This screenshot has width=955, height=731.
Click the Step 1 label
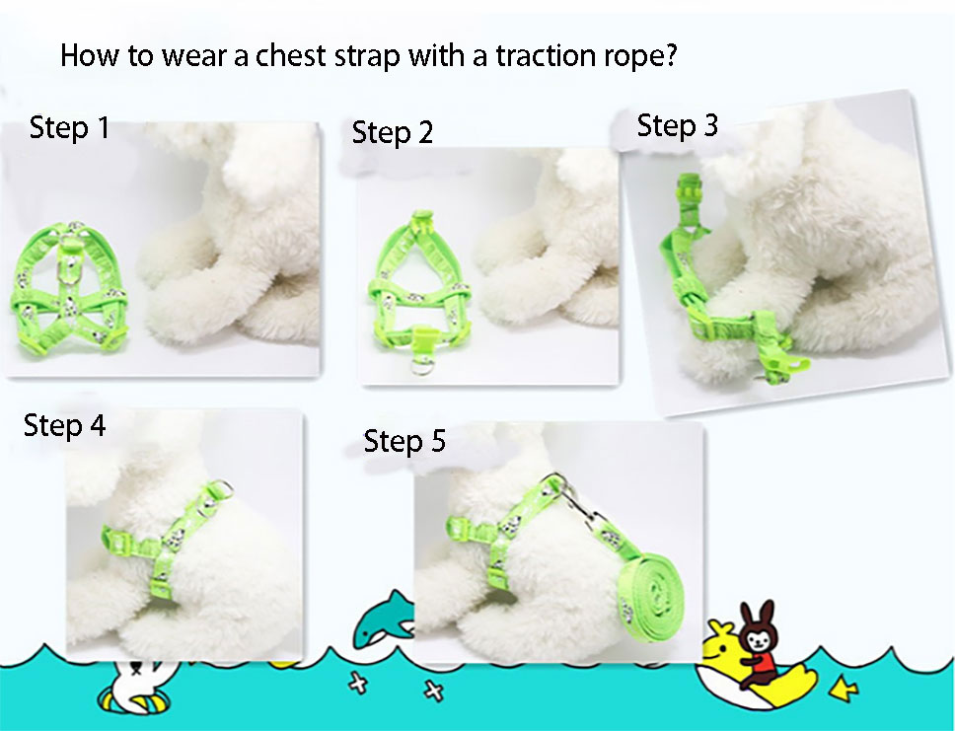click(70, 128)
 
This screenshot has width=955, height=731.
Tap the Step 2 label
click(393, 133)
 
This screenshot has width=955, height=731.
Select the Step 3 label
click(677, 125)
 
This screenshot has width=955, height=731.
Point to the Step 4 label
click(64, 425)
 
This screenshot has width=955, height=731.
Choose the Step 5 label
click(404, 440)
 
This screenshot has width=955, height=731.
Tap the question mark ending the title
click(669, 55)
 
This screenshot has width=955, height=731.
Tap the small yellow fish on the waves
click(845, 688)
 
